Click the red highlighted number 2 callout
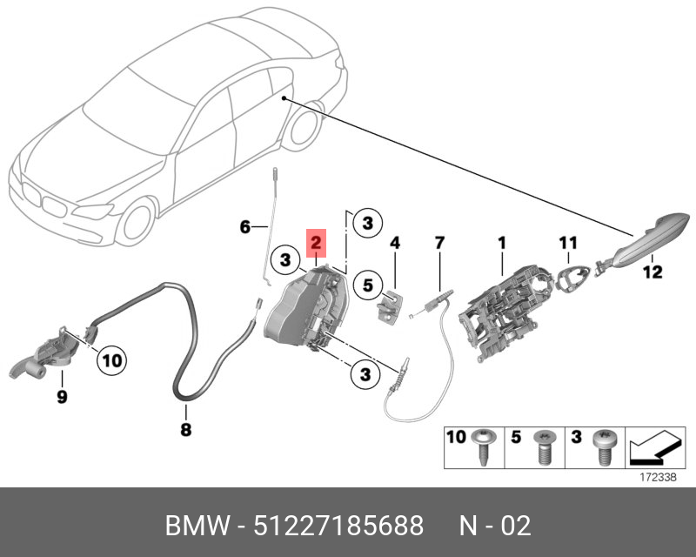[x=316, y=243]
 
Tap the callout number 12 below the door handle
[x=652, y=272]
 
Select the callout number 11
[x=568, y=243]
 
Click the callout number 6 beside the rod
[x=245, y=227]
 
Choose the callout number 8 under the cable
[x=186, y=430]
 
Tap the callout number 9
[x=62, y=396]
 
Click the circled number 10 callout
[x=112, y=360]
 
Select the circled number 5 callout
[x=368, y=285]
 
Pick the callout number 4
[x=395, y=243]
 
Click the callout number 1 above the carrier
[x=502, y=243]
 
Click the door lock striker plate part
[x=390, y=307]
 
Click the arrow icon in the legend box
[x=655, y=447]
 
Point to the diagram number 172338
[x=658, y=478]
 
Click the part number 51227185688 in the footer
[x=338, y=526]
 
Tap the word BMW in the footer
[x=197, y=526]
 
